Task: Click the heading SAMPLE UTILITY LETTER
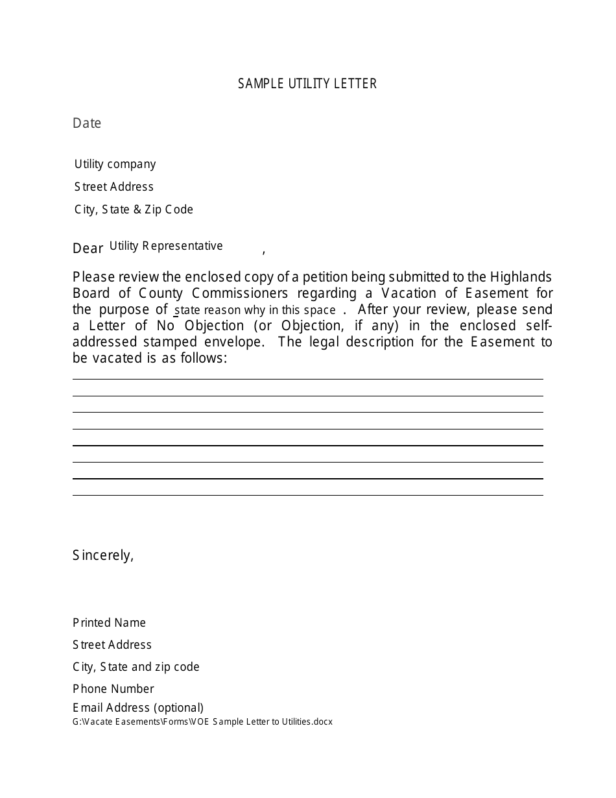pyautogui.click(x=307, y=84)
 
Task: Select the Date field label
pyautogui.click(x=87, y=123)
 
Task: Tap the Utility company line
pyautogui.click(x=115, y=164)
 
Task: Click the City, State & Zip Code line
pyautogui.click(x=134, y=210)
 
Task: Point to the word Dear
pyautogui.click(x=88, y=248)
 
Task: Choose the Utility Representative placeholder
pyautogui.click(x=166, y=246)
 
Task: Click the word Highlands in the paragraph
pyautogui.click(x=521, y=277)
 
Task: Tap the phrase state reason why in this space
pyautogui.click(x=255, y=310)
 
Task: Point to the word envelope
pyautogui.click(x=230, y=342)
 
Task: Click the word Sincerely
pyautogui.click(x=103, y=555)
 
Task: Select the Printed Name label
pyautogui.click(x=109, y=623)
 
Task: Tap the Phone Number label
pyautogui.click(x=113, y=689)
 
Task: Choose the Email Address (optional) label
pyautogui.click(x=138, y=708)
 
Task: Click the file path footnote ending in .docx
pyautogui.click(x=202, y=721)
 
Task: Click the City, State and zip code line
pyautogui.click(x=136, y=667)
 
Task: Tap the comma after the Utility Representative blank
pyautogui.click(x=263, y=251)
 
